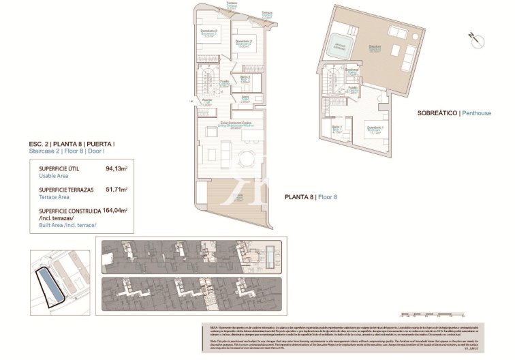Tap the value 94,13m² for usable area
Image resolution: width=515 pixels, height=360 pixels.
pyautogui.click(x=116, y=168)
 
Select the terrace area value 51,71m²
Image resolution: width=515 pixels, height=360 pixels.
pyautogui.click(x=116, y=190)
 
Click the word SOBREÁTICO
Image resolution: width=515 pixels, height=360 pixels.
pyautogui.click(x=437, y=112)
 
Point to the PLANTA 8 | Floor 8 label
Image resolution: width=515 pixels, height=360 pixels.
pyautogui.click(x=310, y=197)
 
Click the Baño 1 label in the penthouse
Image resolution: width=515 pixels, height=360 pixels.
pyautogui.click(x=337, y=127)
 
